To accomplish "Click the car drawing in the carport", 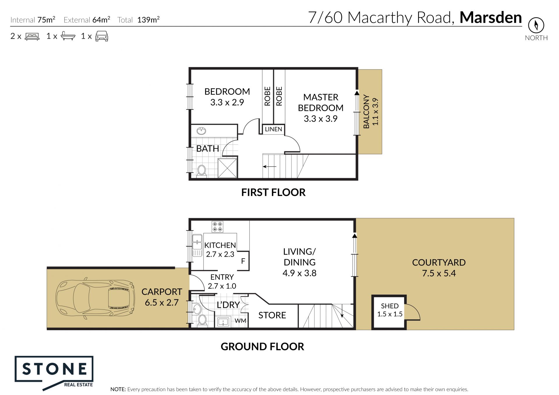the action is (x=95, y=298).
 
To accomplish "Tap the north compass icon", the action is (x=536, y=25).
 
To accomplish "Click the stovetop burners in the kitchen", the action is (x=217, y=227).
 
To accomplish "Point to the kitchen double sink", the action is (x=197, y=245).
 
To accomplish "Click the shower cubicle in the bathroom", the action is (x=227, y=168).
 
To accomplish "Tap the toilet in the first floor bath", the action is (x=201, y=170).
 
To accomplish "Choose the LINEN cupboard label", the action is (x=273, y=129).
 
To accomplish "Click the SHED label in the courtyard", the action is (x=390, y=306).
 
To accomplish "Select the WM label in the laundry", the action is (x=240, y=321).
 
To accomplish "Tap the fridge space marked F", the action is (x=243, y=261).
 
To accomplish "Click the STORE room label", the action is (x=272, y=315).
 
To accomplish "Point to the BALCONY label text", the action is (x=366, y=111).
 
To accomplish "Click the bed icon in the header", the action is (x=32, y=36).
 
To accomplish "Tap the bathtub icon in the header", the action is (x=68, y=36).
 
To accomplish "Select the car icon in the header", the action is (x=102, y=36).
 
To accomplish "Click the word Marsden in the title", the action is (x=491, y=17).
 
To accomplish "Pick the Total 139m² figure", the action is (x=138, y=20).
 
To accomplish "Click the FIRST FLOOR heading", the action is (x=273, y=192).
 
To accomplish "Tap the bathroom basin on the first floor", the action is (x=201, y=131).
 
